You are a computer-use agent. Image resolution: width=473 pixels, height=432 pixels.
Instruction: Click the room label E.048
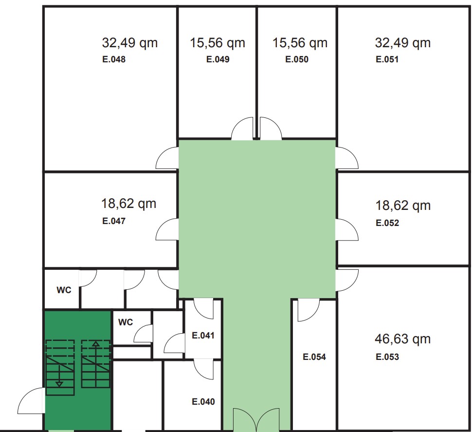[x=114, y=59]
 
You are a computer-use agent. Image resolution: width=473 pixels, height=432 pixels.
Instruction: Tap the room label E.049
[x=218, y=59]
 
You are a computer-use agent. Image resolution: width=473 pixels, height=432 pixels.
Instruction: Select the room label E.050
[x=297, y=59]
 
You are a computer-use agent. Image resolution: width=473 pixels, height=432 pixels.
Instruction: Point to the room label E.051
[x=387, y=59]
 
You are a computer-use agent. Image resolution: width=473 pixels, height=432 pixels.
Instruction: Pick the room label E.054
[x=314, y=357]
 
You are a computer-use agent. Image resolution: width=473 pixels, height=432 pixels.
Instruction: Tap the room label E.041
[x=203, y=336]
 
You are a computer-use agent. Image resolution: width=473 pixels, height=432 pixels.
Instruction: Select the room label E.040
[x=203, y=402]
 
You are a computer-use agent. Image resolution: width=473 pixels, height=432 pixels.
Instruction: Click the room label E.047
[x=114, y=221]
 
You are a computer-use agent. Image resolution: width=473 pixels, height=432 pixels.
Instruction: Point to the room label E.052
[x=387, y=223]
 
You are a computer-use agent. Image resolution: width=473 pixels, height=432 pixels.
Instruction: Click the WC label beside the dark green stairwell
[x=126, y=322]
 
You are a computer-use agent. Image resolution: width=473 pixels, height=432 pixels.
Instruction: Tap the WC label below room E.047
[x=64, y=290]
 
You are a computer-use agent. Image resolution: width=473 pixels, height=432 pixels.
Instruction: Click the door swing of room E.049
[x=242, y=129]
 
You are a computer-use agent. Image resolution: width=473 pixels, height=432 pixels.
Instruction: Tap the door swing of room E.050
[x=271, y=129]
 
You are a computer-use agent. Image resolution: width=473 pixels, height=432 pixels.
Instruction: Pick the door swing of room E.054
[x=309, y=310]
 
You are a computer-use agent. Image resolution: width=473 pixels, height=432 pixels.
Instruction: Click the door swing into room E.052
[x=347, y=230]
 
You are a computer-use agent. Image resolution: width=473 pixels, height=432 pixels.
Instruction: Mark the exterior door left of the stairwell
[x=31, y=401]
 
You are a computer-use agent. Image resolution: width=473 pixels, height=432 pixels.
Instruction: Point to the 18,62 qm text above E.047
[x=129, y=204]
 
